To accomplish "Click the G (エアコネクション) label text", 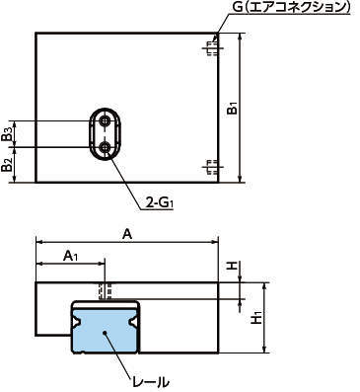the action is (x=291, y=7).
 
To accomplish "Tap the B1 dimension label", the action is (x=233, y=109).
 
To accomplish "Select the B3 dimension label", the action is (x=8, y=133).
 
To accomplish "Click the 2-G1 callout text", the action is (x=159, y=203).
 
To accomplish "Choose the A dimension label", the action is (x=127, y=235).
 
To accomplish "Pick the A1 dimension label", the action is (x=70, y=256).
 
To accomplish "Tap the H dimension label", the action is (x=233, y=266).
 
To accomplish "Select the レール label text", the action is (x=151, y=382).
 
